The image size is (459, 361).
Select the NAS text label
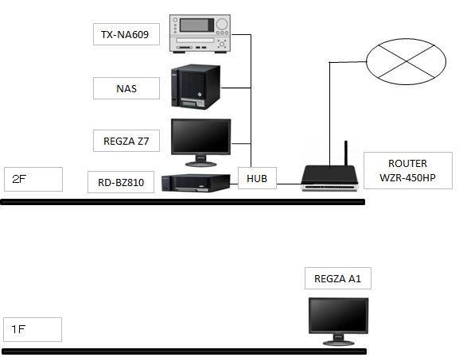pyautogui.click(x=126, y=88)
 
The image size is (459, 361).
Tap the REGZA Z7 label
pyautogui.click(x=126, y=142)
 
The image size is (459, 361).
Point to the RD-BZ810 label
pyautogui.click(x=122, y=182)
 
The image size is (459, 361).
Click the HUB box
pyautogui.click(x=257, y=179)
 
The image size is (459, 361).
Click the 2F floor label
pyautogui.click(x=32, y=179)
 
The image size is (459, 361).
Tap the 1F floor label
pyautogui.click(x=32, y=328)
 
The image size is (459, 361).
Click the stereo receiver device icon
pyautogui.click(x=202, y=31)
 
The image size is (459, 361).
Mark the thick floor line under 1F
pyautogui.click(x=183, y=351)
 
